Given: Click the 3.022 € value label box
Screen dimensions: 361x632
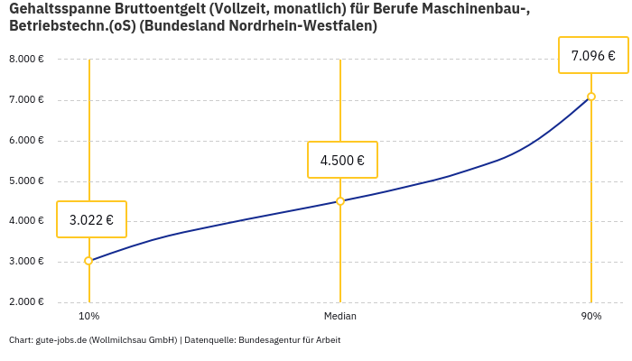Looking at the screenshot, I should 91,219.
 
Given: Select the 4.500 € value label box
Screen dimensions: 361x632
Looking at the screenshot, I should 342,161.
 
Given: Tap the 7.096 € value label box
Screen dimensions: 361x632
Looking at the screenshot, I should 593,56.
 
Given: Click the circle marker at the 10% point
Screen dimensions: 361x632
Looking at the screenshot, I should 88,261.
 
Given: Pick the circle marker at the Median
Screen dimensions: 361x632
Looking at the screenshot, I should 340,201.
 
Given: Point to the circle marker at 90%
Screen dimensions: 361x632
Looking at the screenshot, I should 591,97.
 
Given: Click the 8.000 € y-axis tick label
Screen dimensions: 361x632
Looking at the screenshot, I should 26,60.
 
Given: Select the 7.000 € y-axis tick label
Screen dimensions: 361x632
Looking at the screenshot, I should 26,100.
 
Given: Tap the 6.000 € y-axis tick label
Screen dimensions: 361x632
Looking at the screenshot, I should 26,141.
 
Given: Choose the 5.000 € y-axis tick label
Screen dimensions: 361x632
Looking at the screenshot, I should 26,181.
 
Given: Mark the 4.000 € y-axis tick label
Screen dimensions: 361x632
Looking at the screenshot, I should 26,221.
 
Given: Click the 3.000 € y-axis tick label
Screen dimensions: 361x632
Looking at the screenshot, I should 26,262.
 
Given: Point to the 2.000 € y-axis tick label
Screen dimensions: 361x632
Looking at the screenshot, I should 26,302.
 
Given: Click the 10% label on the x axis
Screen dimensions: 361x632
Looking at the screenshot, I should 88,317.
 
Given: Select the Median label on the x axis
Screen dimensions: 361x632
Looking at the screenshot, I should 340,317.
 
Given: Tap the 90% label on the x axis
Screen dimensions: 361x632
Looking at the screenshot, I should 591,317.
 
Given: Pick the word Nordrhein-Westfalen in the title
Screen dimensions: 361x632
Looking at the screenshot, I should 305,26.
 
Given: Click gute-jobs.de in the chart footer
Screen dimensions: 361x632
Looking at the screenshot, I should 60,340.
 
